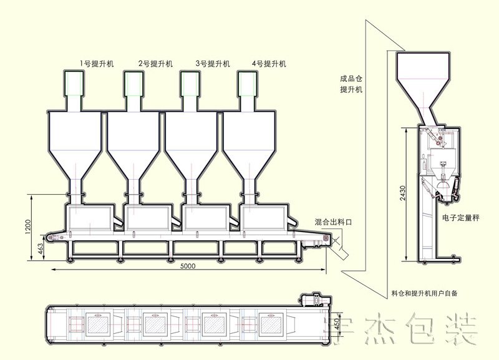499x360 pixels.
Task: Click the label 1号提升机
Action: [97, 64]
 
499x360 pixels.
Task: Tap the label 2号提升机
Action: [155, 64]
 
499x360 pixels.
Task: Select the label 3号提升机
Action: [213, 64]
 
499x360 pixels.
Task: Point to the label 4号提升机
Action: [269, 64]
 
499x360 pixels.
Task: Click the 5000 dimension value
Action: [188, 266]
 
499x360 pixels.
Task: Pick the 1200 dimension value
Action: [28, 227]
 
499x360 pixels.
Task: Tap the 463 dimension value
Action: [40, 248]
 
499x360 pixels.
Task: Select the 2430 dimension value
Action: [402, 193]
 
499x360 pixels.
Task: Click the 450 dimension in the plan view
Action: [336, 323]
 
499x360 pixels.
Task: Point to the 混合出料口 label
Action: [333, 222]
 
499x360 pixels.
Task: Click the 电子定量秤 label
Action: [461, 218]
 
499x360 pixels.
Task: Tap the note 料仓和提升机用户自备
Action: [424, 293]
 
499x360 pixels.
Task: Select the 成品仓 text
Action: [351, 79]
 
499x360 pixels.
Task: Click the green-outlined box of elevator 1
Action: [74, 84]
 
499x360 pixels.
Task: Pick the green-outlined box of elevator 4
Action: [247, 84]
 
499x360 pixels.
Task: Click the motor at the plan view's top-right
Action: [316, 299]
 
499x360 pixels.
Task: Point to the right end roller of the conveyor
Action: [325, 238]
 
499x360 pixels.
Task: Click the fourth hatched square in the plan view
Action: [270, 323]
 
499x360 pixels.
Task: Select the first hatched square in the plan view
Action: [98, 323]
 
